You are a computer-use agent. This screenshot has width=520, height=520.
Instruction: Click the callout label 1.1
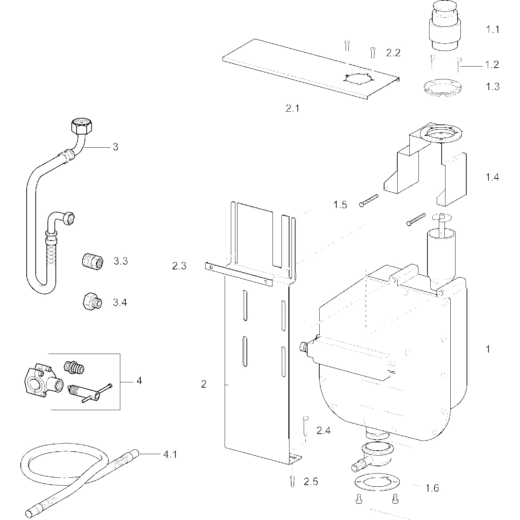492,29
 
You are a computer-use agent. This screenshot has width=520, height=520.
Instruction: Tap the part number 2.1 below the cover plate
292,109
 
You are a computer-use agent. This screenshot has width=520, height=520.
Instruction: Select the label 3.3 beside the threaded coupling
121,261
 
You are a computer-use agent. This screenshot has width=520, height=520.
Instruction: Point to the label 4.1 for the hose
170,454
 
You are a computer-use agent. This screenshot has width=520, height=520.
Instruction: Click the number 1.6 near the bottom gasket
432,488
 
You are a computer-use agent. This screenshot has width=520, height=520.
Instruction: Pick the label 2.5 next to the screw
311,482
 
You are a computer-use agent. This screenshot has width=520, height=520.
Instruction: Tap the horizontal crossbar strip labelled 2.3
239,274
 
